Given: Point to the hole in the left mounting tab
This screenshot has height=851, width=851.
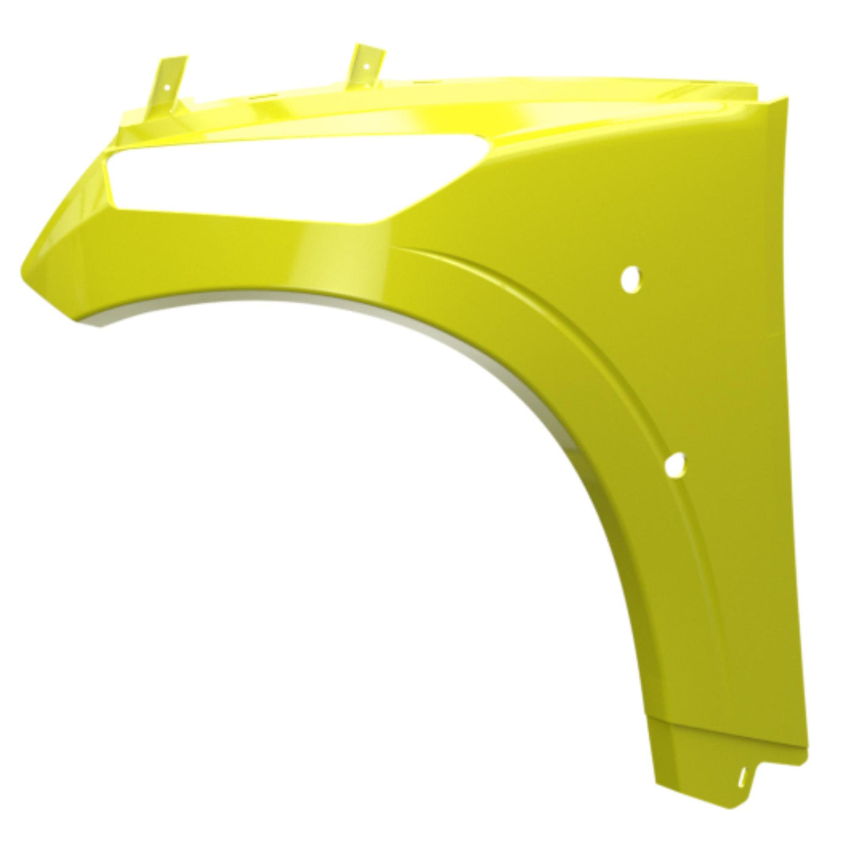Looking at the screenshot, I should [x=164, y=86].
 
